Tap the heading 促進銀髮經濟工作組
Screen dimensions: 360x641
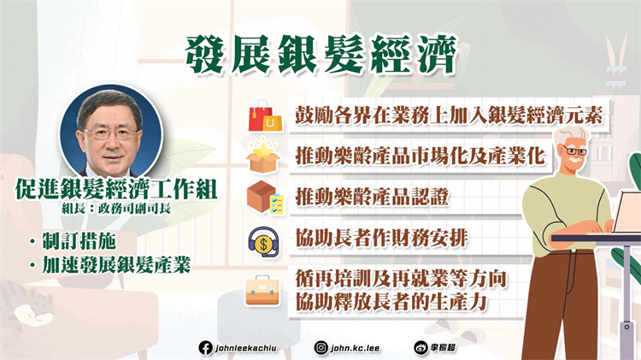pos(112,188)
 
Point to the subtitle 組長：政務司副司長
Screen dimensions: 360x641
pos(113,208)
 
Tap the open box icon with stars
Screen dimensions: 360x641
pos(262,157)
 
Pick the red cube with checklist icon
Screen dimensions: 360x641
pos(262,198)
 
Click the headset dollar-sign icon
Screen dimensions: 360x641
pos(262,239)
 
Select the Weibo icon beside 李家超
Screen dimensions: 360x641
pos(421,347)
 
